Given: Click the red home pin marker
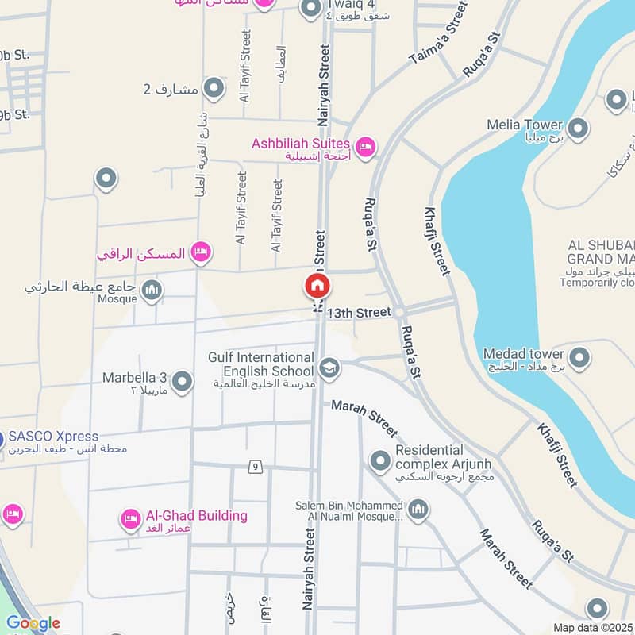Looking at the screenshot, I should pyautogui.click(x=317, y=286).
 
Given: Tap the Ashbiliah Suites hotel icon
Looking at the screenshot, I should pyautogui.click(x=365, y=147).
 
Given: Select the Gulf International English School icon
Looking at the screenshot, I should pyautogui.click(x=329, y=368).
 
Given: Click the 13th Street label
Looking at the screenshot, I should pyautogui.click(x=363, y=313).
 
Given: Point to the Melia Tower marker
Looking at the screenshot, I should pyautogui.click(x=578, y=128).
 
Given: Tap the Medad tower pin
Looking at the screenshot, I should pyautogui.click(x=579, y=357).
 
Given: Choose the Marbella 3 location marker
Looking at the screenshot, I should pyautogui.click(x=183, y=382).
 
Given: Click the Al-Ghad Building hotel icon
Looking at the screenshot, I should pyautogui.click(x=131, y=520).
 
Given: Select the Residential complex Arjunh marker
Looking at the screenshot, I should pyautogui.click(x=381, y=460).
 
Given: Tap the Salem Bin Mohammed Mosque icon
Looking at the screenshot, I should pyautogui.click(x=418, y=510).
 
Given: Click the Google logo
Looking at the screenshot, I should pyautogui.click(x=33, y=624).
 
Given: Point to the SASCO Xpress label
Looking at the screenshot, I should pyautogui.click(x=54, y=437).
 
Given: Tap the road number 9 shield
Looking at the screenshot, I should pyautogui.click(x=255, y=466).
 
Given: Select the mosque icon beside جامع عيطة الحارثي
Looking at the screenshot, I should pyautogui.click(x=152, y=291).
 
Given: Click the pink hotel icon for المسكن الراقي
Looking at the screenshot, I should pyautogui.click(x=201, y=252).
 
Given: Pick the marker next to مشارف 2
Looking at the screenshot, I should pyautogui.click(x=214, y=88).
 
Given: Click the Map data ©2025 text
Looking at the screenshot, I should pyautogui.click(x=592, y=627).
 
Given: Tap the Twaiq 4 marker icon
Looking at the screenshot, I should pyautogui.click(x=310, y=8).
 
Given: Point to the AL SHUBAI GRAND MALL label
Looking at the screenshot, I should pyautogui.click(x=602, y=252).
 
